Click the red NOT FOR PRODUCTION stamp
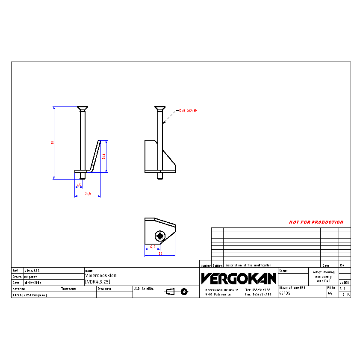pyautogui.click(x=316, y=222)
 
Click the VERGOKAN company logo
pyautogui.click(x=239, y=279)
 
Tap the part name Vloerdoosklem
pyautogui.click(x=101, y=276)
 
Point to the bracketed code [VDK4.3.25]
pyautogui.click(x=98, y=282)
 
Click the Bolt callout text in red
pyautogui.click(x=188, y=110)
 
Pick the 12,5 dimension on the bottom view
pyautogui.click(x=152, y=247)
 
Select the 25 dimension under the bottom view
pyautogui.click(x=160, y=254)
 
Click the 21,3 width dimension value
pyautogui.click(x=88, y=194)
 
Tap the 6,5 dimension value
pyautogui.click(x=79, y=185)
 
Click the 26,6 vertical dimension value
pyautogui.click(x=104, y=156)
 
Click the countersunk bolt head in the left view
pyautogui.click(x=82, y=108)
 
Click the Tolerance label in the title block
pyautogui.click(x=68, y=289)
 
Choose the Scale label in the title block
pyautogui.click(x=283, y=271)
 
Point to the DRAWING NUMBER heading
pyautogui.click(x=293, y=288)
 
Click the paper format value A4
pyautogui.click(x=330, y=294)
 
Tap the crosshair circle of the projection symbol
pyautogui.click(x=184, y=292)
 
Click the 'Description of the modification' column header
pyautogui.click(x=248, y=266)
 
